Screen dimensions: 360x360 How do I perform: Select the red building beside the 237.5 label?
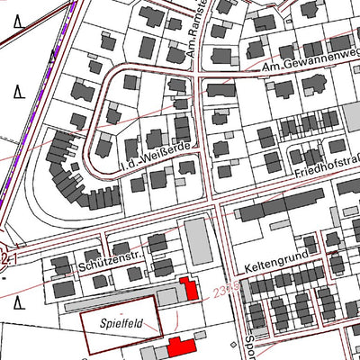(x=190, y=290)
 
